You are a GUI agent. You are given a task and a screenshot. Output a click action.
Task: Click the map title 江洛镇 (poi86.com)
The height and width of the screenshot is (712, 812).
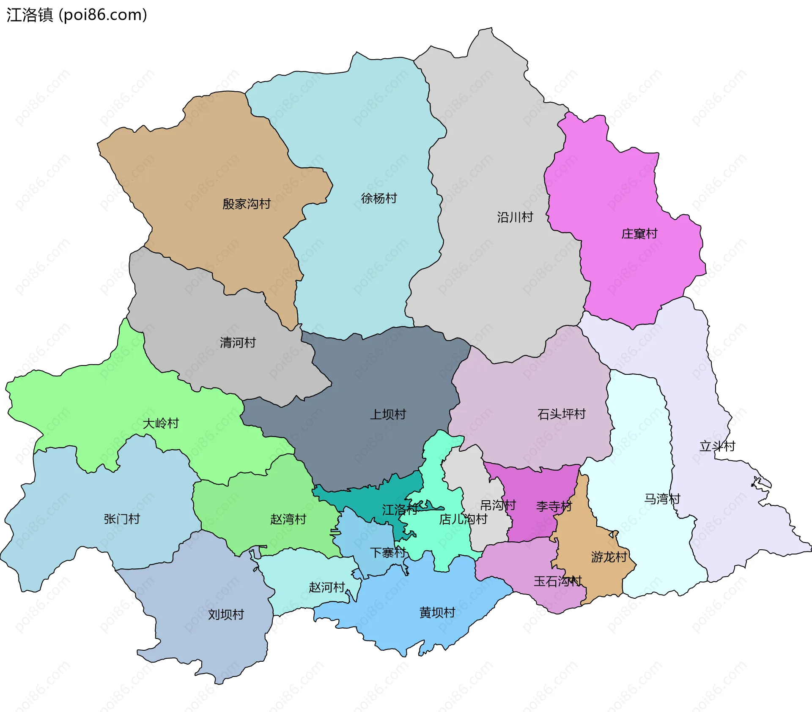pos(77,15)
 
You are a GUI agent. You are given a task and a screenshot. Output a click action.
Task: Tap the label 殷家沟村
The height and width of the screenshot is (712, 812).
pos(246,204)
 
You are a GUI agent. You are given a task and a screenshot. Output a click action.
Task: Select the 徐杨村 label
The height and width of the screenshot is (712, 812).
pos(379,198)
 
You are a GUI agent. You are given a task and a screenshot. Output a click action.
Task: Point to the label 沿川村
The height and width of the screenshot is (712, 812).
pos(515,217)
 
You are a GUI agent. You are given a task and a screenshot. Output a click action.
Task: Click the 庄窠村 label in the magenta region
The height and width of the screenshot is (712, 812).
pos(639,234)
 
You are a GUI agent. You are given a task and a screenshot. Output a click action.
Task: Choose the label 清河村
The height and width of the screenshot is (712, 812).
pos(238,342)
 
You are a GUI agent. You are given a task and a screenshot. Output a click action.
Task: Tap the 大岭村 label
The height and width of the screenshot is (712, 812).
pos(161,423)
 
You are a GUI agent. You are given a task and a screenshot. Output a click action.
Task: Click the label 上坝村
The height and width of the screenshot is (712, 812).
pos(388,414)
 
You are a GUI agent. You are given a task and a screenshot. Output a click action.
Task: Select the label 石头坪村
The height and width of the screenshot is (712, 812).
pos(561,414)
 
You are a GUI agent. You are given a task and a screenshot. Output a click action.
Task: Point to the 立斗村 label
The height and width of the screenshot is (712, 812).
pos(717,446)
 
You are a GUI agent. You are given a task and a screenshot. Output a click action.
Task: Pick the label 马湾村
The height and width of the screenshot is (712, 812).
pos(662,499)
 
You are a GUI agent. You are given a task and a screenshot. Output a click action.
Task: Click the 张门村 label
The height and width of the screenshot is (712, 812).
pos(122,519)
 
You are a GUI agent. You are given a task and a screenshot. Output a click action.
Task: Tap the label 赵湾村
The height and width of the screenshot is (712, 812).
pos(288,519)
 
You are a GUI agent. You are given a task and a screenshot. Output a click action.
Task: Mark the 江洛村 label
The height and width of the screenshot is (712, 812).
pos(400,510)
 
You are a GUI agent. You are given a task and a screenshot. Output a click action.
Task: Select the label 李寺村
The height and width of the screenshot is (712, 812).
pos(554,506)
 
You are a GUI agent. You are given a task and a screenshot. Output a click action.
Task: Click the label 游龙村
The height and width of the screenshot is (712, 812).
pos(609,557)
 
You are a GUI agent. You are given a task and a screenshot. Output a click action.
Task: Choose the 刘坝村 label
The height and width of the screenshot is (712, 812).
pos(226,614)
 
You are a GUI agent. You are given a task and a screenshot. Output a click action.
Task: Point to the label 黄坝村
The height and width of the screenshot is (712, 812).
pos(437,613)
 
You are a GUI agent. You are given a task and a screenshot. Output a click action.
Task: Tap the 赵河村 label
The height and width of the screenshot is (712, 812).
pos(327,587)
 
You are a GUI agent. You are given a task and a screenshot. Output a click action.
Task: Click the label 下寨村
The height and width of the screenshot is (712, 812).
pos(388,552)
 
